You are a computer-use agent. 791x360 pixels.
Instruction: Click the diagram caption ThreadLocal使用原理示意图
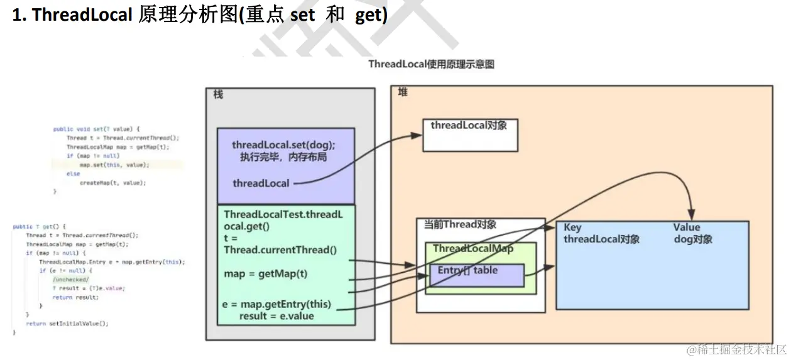431,64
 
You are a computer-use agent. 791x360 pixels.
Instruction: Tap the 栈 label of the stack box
218,95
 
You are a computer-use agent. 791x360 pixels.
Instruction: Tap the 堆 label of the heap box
403,92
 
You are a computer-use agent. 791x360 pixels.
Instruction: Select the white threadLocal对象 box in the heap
469,134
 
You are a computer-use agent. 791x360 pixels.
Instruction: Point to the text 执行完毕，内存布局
283,157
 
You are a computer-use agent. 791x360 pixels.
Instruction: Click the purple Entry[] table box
476,275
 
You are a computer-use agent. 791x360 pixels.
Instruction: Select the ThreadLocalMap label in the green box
472,249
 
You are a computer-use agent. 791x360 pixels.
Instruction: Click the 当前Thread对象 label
460,225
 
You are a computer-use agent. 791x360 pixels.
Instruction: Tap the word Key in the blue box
572,227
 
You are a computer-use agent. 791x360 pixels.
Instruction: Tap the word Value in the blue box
686,227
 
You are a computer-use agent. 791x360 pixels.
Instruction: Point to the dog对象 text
692,239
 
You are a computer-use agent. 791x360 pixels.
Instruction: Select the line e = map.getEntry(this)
276,305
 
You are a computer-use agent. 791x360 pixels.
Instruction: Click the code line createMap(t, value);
112,182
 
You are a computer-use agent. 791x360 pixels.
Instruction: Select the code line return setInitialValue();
67,324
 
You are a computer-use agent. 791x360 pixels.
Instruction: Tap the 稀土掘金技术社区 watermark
736,349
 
